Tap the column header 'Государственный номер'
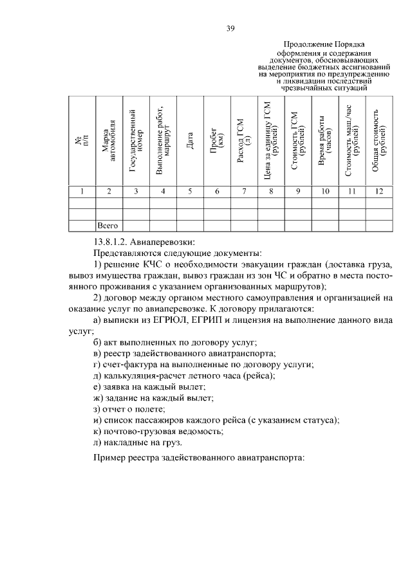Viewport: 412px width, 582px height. coord(136,142)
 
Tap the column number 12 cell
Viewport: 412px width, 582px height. coord(379,191)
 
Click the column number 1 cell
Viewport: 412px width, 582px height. coord(82,191)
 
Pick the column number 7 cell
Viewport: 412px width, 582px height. coord(244,191)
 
